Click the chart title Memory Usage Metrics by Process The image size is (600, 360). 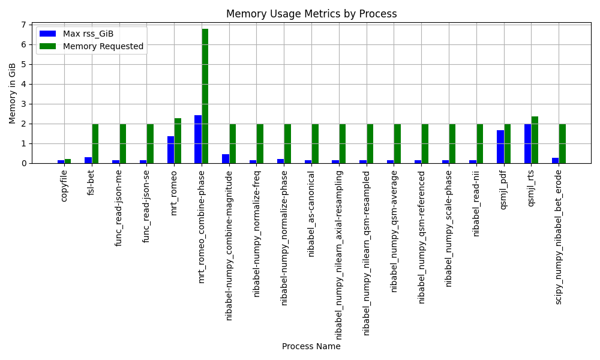311,14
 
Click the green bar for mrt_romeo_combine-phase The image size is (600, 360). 205,96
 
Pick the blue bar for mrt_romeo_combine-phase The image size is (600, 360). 198,139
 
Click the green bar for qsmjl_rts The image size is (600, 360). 535,140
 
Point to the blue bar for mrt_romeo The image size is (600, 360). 170,149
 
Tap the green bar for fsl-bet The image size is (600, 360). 95,143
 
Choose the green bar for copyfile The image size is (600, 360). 68,161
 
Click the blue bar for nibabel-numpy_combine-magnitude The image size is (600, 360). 226,158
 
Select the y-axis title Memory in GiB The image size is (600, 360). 13,93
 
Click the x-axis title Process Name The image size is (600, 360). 311,346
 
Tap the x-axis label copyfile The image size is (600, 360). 64,185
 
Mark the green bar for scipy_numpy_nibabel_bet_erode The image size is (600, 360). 562,143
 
